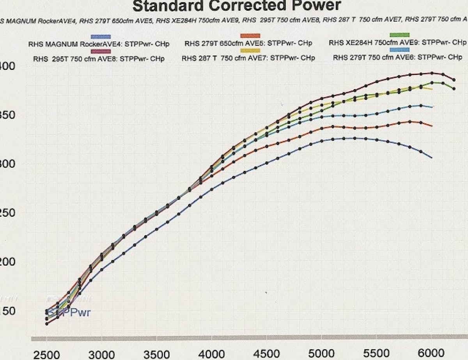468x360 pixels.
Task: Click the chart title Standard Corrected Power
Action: point(237,6)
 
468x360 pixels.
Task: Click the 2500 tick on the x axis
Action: point(46,354)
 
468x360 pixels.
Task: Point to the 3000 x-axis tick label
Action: point(101,354)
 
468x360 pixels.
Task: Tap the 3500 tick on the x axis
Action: point(156,354)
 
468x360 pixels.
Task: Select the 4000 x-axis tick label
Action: point(211,354)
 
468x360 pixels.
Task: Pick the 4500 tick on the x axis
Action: point(266,354)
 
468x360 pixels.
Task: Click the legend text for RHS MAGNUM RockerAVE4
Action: point(99,44)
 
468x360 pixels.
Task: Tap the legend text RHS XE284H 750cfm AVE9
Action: point(397,42)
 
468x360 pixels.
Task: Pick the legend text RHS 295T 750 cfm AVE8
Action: point(99,59)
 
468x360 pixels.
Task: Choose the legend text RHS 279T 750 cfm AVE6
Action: point(397,57)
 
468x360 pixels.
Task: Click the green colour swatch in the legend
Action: point(399,35)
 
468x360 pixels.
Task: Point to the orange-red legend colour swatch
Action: point(250,36)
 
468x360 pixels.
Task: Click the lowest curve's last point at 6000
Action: point(431,157)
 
